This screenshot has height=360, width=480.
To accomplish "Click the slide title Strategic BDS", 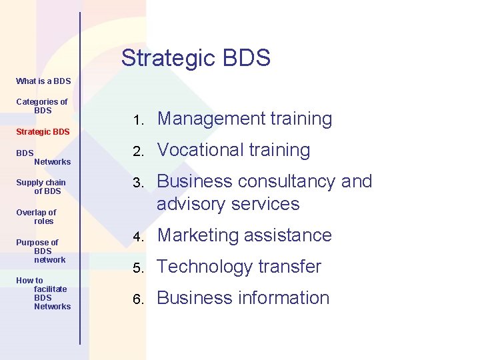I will tap(195, 58).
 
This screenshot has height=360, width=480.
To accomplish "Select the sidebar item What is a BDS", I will tap(43, 81).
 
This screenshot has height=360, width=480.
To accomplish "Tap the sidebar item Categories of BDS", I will tap(42, 106).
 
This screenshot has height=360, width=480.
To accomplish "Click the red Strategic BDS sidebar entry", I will tap(43, 131).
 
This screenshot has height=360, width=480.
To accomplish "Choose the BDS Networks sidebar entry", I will tap(43, 157).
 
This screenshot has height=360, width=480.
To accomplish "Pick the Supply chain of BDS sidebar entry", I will tap(41, 187).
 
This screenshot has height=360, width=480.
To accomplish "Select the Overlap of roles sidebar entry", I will tap(37, 217).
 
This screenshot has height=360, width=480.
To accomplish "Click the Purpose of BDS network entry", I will tap(41, 251).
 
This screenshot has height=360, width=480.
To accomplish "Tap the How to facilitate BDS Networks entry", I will tap(43, 293).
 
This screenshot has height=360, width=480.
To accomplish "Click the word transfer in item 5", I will tap(289, 267).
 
